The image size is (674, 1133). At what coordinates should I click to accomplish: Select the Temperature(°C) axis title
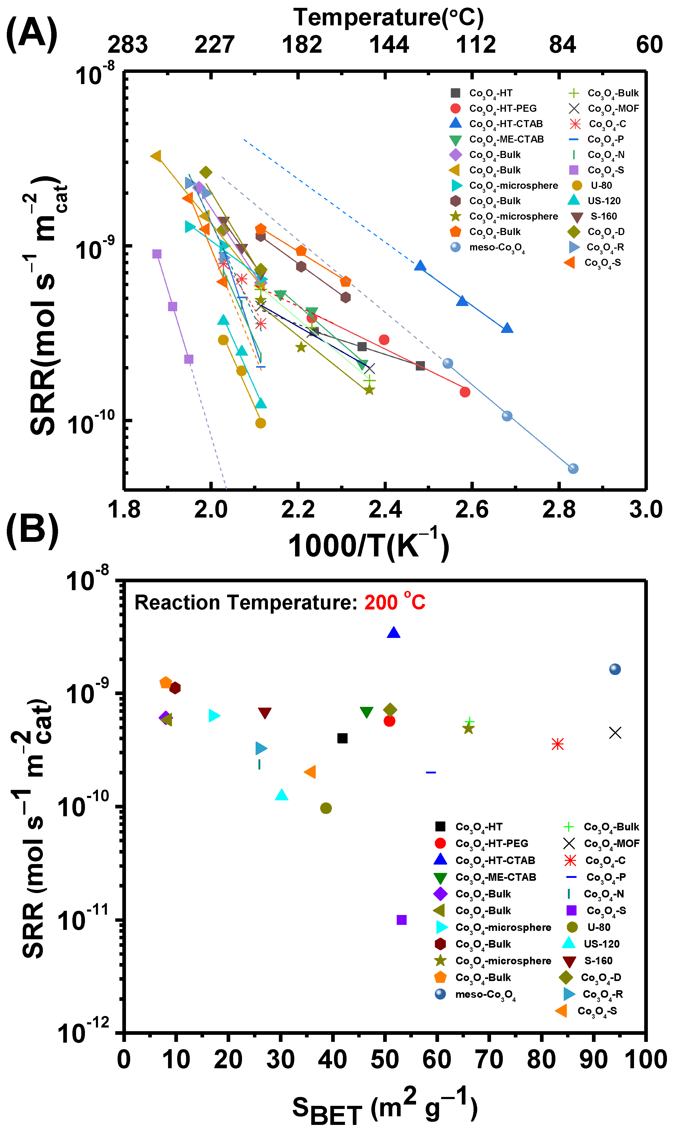coord(388,17)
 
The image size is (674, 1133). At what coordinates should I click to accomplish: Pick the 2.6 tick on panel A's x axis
coord(472,509)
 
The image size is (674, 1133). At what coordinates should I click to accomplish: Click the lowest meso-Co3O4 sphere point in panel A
coord(573,468)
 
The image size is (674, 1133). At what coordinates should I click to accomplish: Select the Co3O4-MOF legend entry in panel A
coord(604,108)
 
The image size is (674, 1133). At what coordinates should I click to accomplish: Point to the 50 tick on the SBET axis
coord(385,1060)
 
